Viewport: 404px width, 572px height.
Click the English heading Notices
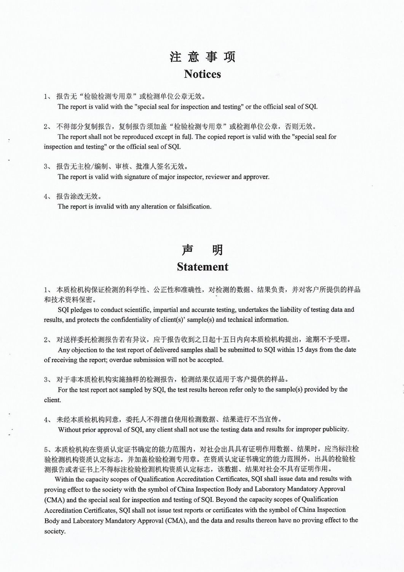pyautogui.click(x=202, y=74)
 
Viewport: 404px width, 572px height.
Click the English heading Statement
pyautogui.click(x=202, y=267)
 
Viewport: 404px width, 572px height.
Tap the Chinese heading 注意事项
pyautogui.click(x=202, y=57)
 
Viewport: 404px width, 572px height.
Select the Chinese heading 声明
pyautogui.click(x=202, y=250)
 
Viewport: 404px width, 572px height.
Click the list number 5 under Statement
pyautogui.click(x=46, y=449)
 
